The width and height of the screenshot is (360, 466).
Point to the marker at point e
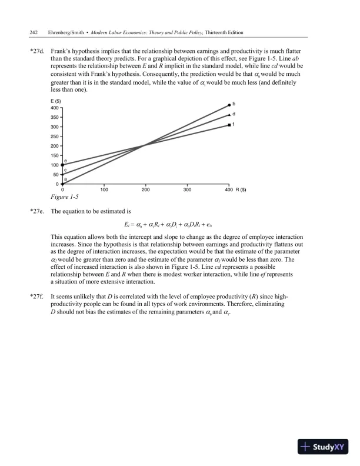coord(62,165)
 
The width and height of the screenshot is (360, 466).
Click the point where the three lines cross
coord(145,145)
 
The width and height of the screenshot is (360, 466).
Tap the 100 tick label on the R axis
coord(104,189)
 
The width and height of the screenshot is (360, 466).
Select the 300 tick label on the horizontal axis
coord(188,189)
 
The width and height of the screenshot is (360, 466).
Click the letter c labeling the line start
coord(65,169)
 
